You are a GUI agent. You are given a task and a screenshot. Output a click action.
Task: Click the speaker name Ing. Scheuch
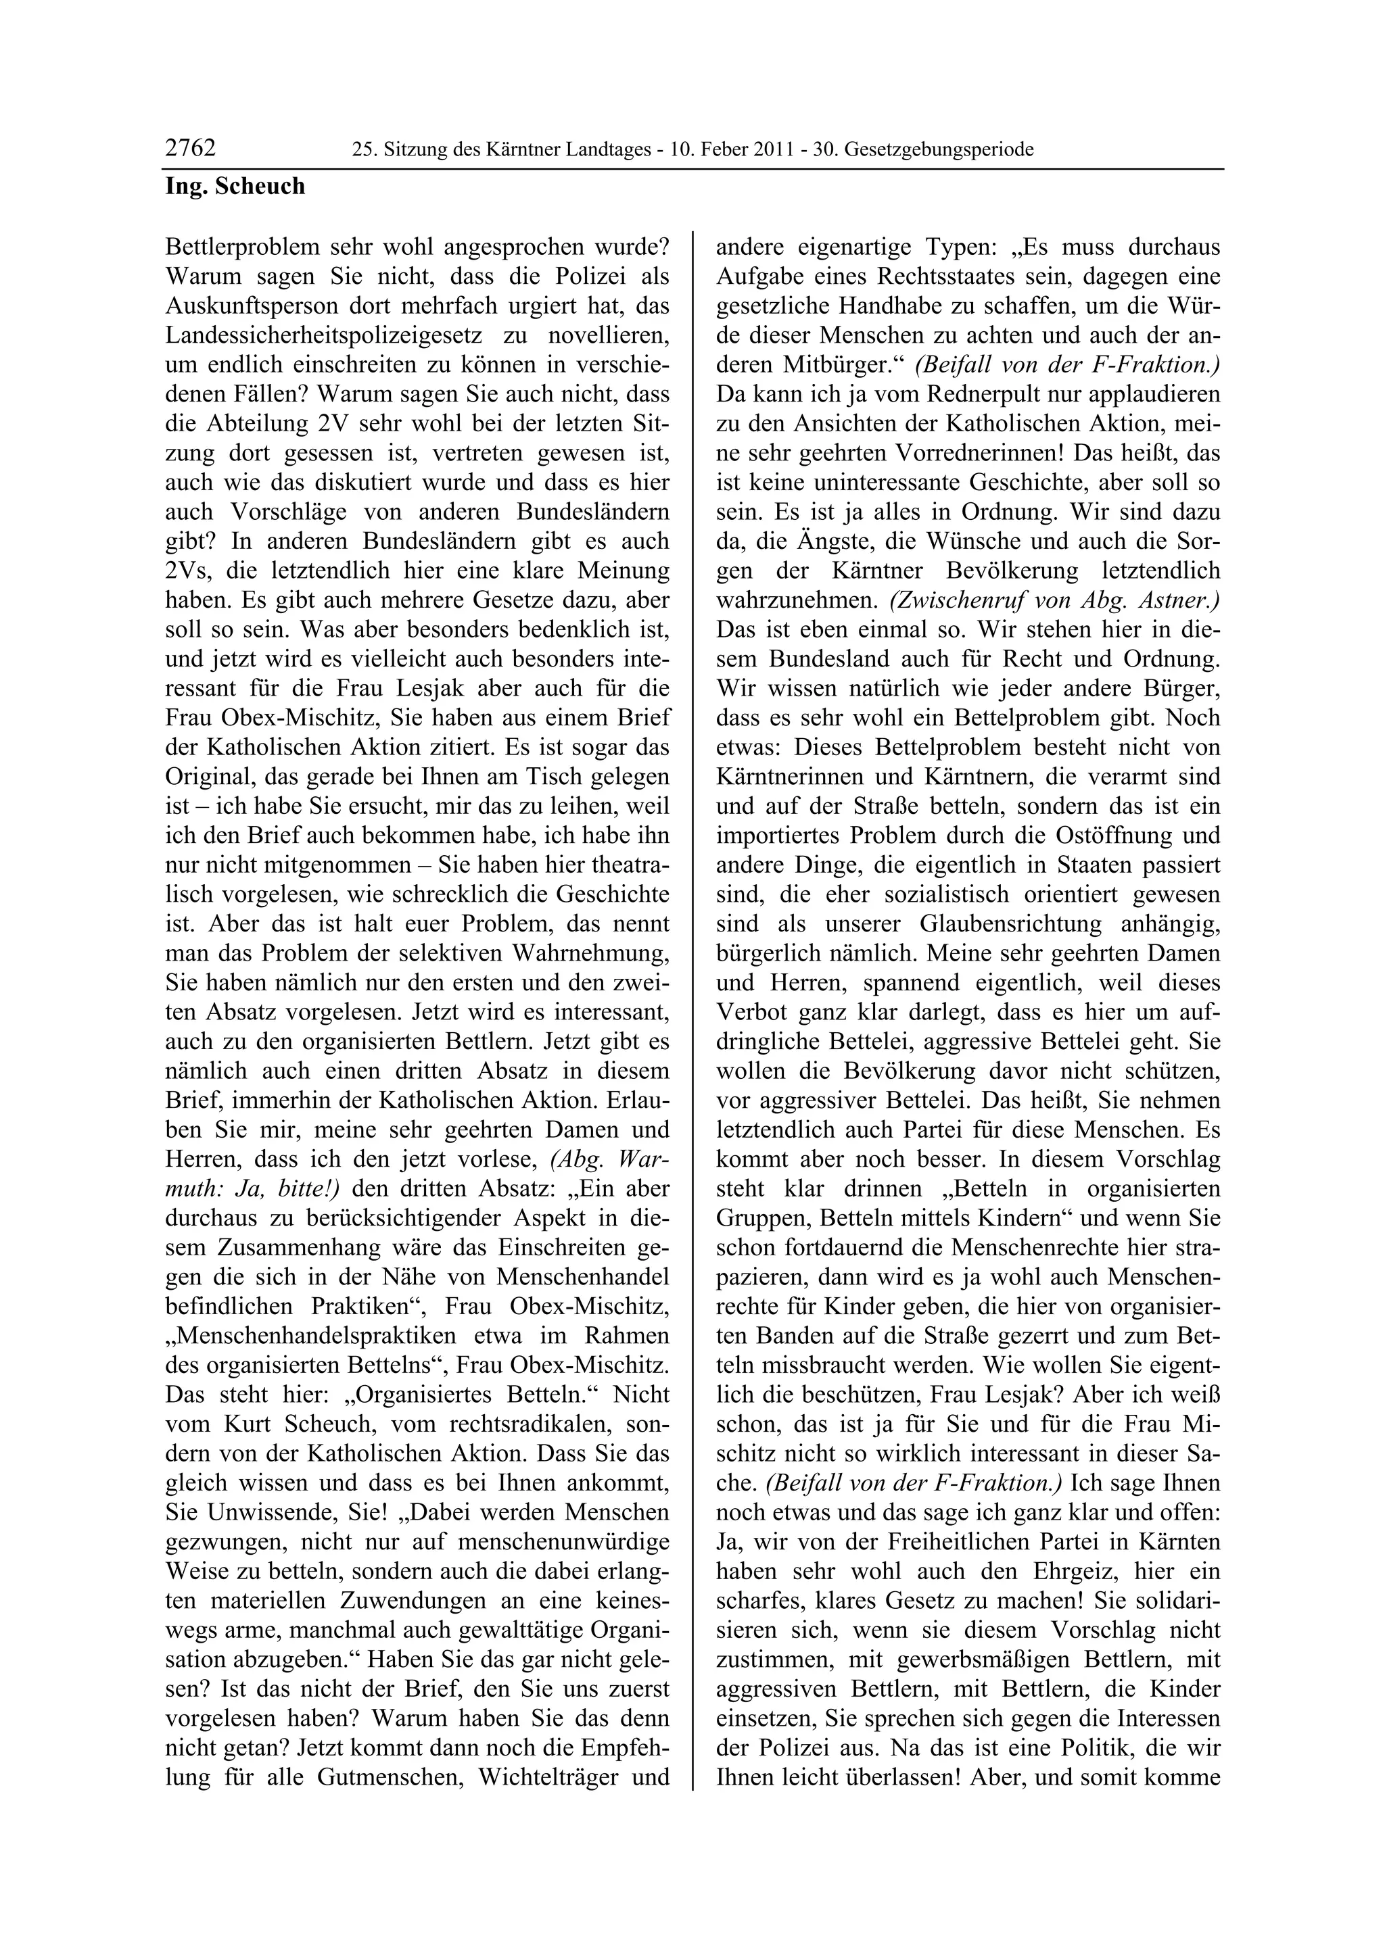235,186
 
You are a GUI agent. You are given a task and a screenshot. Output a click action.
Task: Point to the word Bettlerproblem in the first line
245,247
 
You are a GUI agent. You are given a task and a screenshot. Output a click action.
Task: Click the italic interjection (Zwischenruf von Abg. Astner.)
1055,600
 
